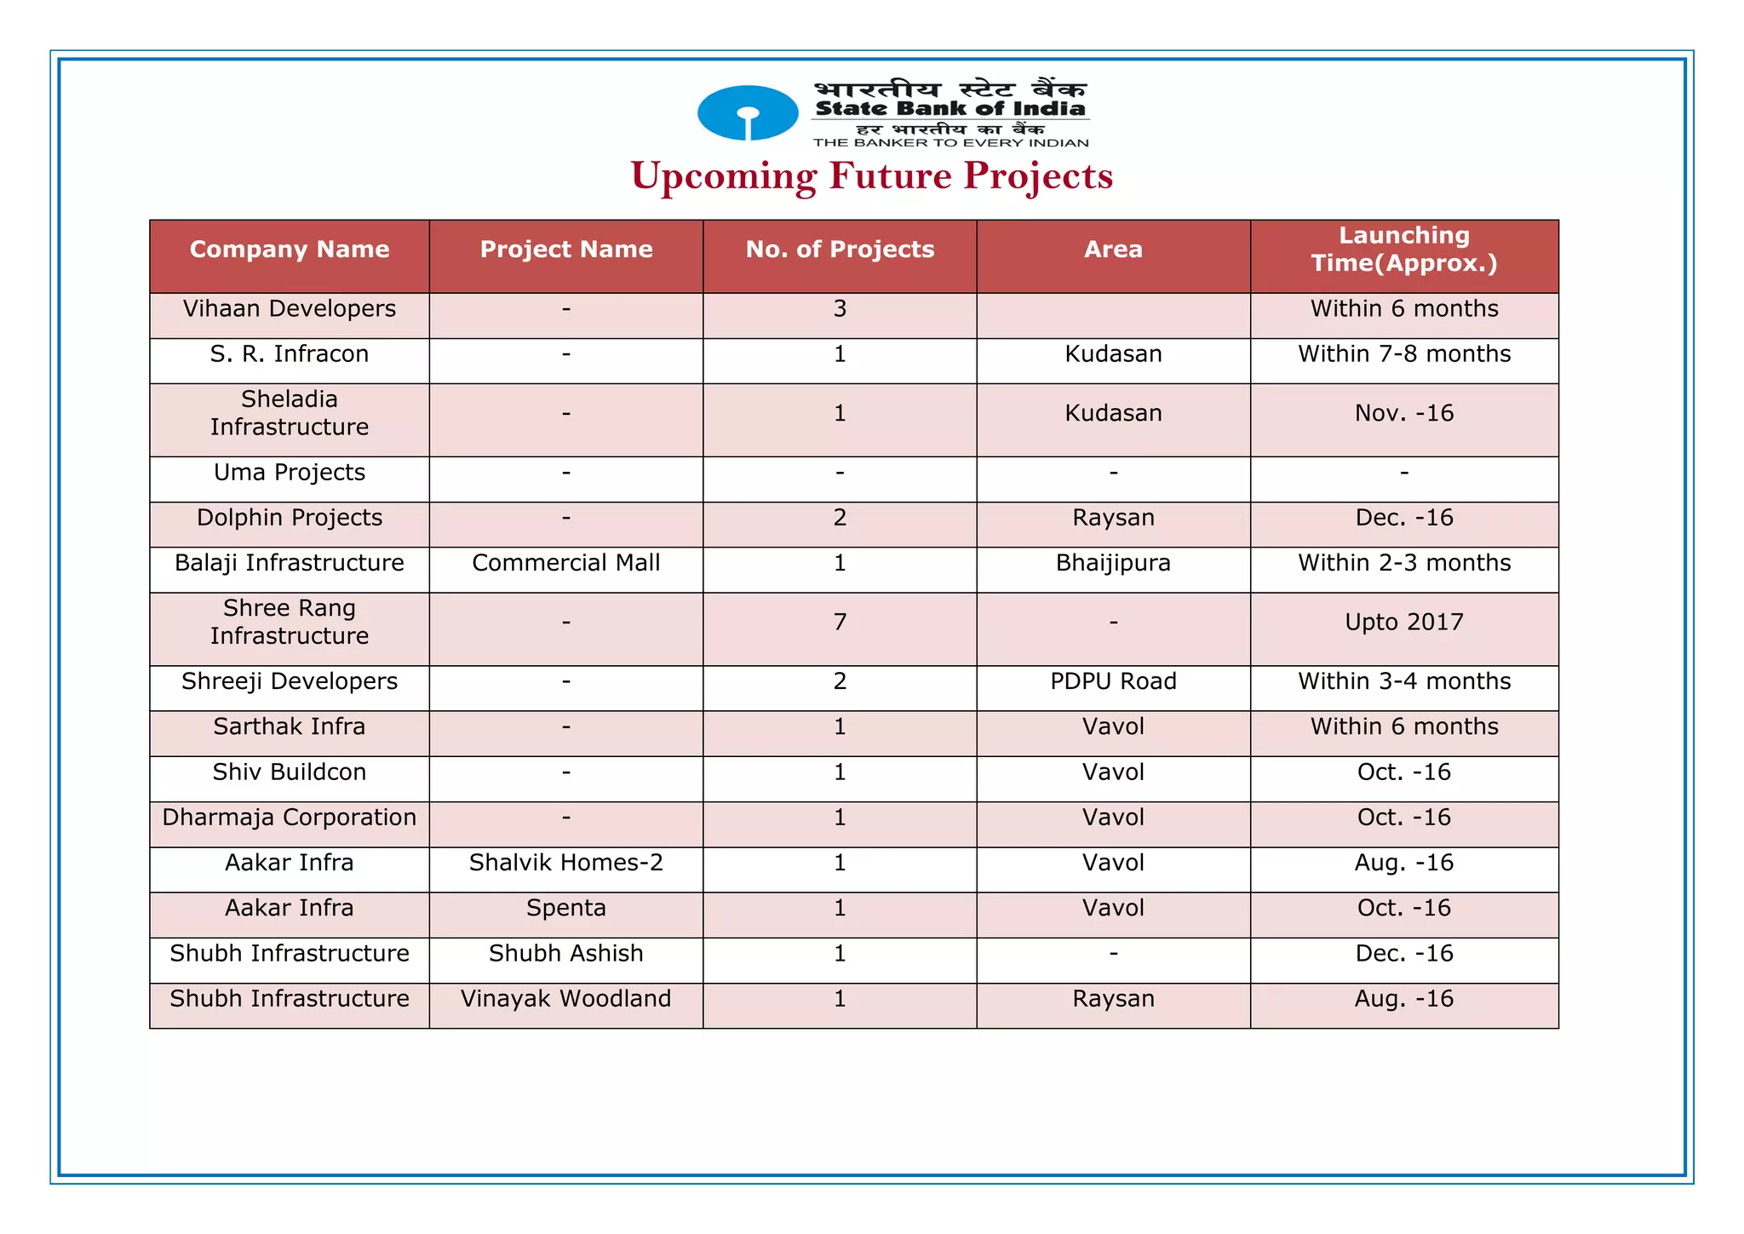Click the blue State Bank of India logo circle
pyautogui.click(x=748, y=112)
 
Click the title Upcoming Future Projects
pyautogui.click(x=871, y=176)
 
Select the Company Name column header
pyautogui.click(x=290, y=250)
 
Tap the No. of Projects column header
pyautogui.click(x=840, y=250)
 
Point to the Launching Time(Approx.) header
pyautogui.click(x=1403, y=250)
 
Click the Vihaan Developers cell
pyautogui.click(x=290, y=308)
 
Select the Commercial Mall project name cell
pyautogui.click(x=566, y=563)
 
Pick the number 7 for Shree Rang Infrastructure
pyautogui.click(x=840, y=623)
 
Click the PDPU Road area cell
pyautogui.click(x=1113, y=681)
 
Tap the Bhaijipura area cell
pyautogui.click(x=1113, y=563)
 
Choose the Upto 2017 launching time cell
pyautogui.click(x=1403, y=623)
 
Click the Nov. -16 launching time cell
pyautogui.click(x=1403, y=414)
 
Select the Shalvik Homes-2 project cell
pyautogui.click(x=566, y=863)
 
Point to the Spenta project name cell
pyautogui.click(x=566, y=908)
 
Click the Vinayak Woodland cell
pyautogui.click(x=566, y=998)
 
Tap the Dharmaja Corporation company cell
pyautogui.click(x=290, y=818)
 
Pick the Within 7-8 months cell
pyautogui.click(x=1403, y=354)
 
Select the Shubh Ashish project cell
pyautogui.click(x=566, y=953)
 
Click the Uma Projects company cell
pyautogui.click(x=290, y=473)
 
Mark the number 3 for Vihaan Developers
pyautogui.click(x=840, y=308)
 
